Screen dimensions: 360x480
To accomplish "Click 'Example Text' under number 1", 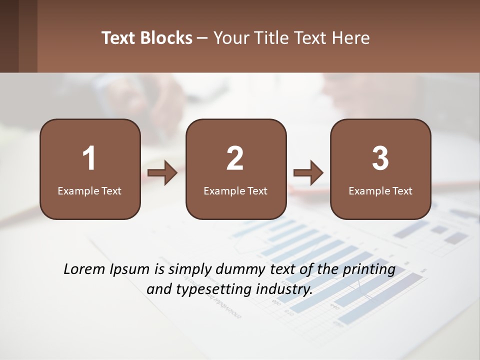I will (89, 190).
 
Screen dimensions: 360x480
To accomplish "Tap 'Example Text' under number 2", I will (235, 190).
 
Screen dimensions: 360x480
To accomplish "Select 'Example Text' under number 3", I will (380, 190).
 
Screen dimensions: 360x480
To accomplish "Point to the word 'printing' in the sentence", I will (369, 270).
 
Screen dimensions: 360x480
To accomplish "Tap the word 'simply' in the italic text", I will (188, 270).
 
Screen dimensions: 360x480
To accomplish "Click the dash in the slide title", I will (202, 38).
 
